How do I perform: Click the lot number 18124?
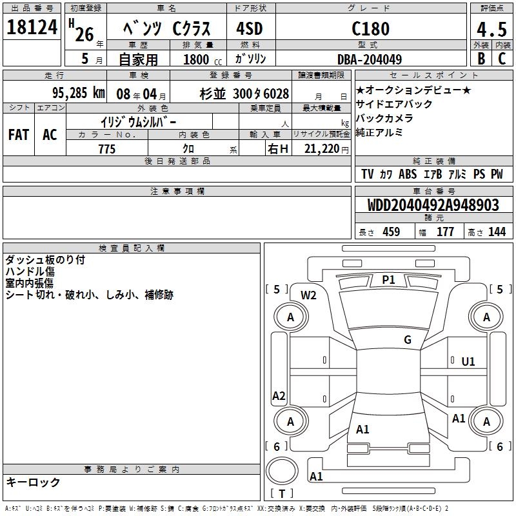32,27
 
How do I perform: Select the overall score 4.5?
491,29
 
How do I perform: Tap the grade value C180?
370,28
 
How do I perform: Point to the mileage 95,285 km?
79,93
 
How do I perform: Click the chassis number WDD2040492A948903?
433,205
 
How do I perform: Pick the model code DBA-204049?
370,59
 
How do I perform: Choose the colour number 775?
107,149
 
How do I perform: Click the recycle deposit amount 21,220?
322,149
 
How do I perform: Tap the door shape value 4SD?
250,28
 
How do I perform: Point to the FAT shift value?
19,135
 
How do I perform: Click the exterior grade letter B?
481,59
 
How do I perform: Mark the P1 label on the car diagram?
388,280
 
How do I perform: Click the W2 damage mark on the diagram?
308,295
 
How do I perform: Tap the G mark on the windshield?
408,339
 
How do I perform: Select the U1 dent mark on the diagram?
468,362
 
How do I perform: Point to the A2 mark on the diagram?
279,395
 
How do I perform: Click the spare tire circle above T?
282,471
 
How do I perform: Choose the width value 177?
445,232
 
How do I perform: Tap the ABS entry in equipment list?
408,174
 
